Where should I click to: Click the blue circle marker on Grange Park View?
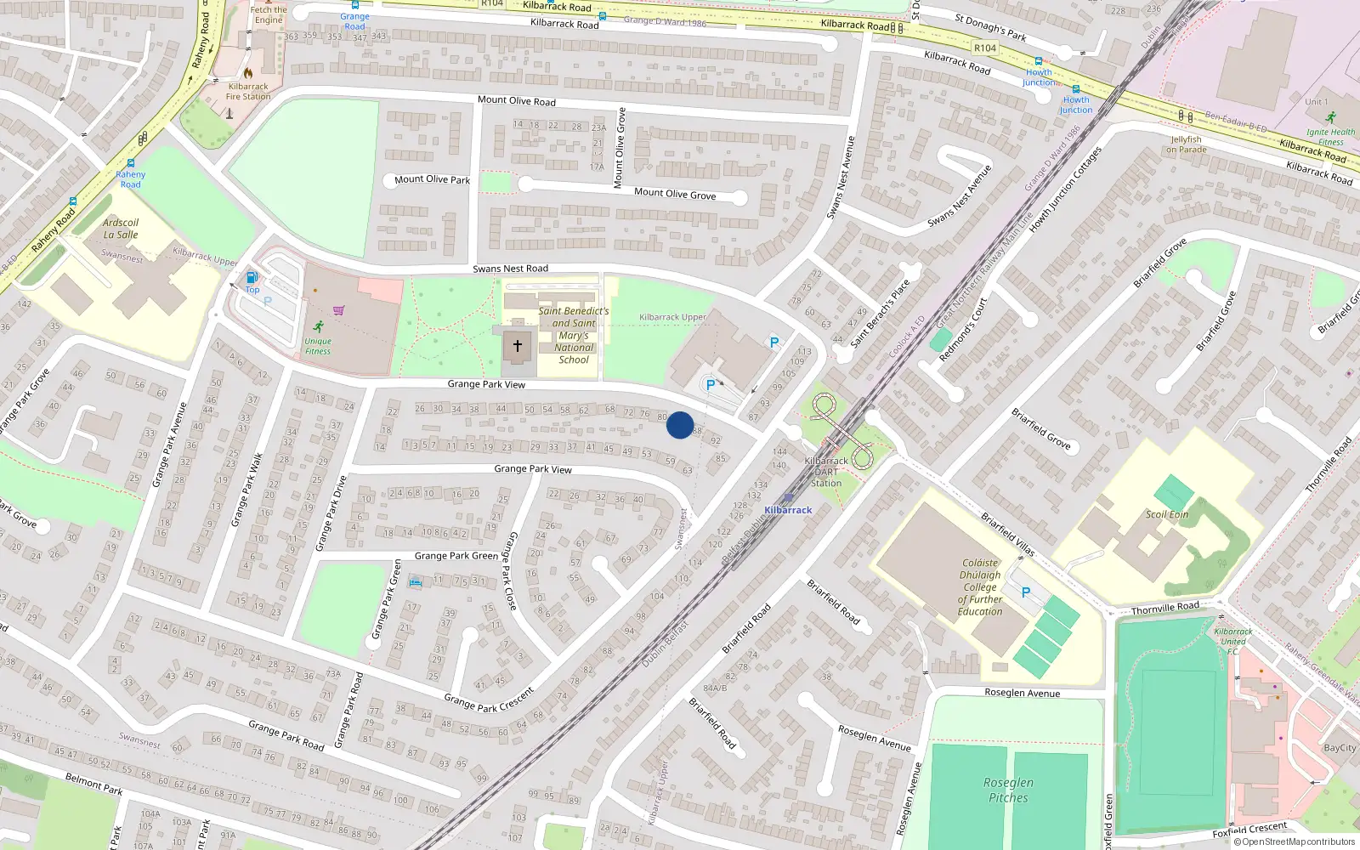pos(680,425)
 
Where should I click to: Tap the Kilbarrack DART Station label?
pos(825,472)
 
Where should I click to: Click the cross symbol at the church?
pos(518,346)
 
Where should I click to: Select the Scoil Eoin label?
pos(1167,514)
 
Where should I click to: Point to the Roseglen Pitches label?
pos(1008,790)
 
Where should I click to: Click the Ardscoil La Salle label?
pos(121,229)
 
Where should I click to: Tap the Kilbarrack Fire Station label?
pos(248,91)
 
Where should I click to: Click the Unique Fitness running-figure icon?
pos(319,326)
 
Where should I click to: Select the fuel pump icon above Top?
pos(252,277)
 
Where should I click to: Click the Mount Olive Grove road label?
pos(675,194)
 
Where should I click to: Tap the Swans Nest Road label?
pos(510,269)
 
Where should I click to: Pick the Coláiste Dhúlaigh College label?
pos(980,586)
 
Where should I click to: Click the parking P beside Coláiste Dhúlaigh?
pos(1025,592)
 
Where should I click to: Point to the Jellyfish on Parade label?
pos(1186,144)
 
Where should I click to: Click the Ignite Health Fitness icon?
pos(1331,117)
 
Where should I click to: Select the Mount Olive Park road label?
pos(432,179)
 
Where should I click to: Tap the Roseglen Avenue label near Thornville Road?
pos(1022,693)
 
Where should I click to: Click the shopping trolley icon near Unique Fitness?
pos(339,310)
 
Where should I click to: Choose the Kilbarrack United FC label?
pos(1232,641)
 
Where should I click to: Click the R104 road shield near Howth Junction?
pos(985,48)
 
